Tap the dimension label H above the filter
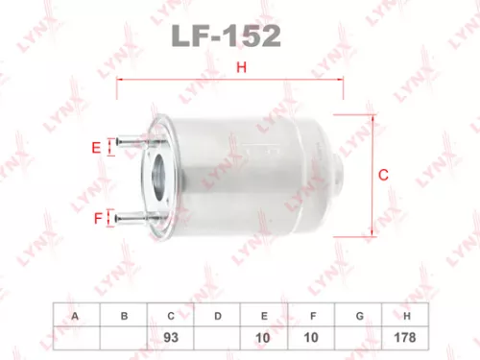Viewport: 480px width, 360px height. [242, 67]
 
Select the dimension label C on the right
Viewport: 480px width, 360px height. [383, 175]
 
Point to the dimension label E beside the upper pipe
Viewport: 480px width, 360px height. [96, 148]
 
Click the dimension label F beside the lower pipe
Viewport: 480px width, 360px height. [97, 219]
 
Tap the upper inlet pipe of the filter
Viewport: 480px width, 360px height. [134, 147]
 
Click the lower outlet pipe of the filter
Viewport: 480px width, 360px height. [134, 218]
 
